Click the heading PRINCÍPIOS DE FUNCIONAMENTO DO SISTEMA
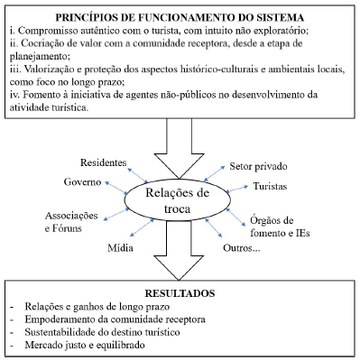tap(180, 17)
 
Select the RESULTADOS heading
tap(180, 293)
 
